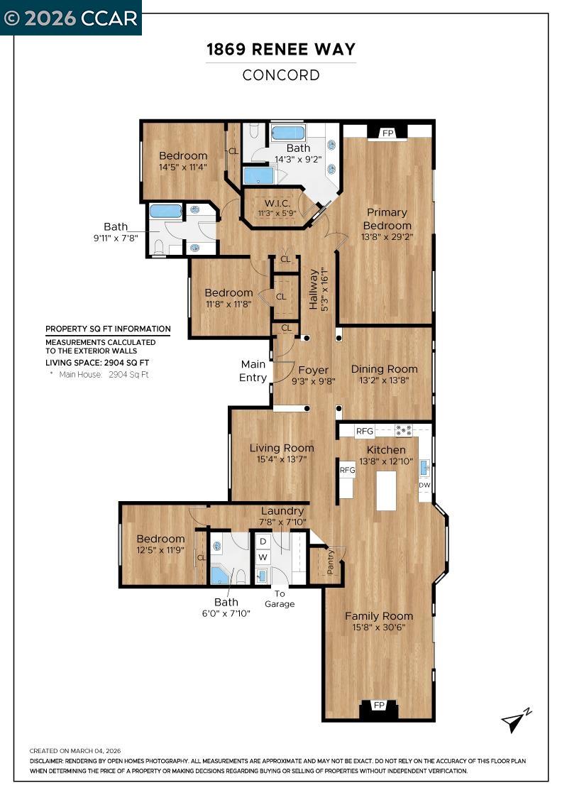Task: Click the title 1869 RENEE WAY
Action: point(281,50)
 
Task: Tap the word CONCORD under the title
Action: point(281,75)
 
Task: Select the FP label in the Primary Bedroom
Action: point(387,133)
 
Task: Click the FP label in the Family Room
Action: point(379,705)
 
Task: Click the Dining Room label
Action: point(384,368)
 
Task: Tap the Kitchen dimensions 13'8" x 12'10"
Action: point(386,461)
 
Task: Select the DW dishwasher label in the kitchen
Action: point(424,486)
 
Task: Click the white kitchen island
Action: point(386,490)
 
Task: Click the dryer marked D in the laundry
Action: point(263,542)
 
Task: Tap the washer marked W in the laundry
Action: point(263,557)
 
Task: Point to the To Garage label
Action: point(280,598)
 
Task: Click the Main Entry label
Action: point(253,371)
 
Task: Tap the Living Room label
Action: point(282,448)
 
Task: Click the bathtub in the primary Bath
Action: point(288,133)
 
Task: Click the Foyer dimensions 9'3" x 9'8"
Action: point(313,381)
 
